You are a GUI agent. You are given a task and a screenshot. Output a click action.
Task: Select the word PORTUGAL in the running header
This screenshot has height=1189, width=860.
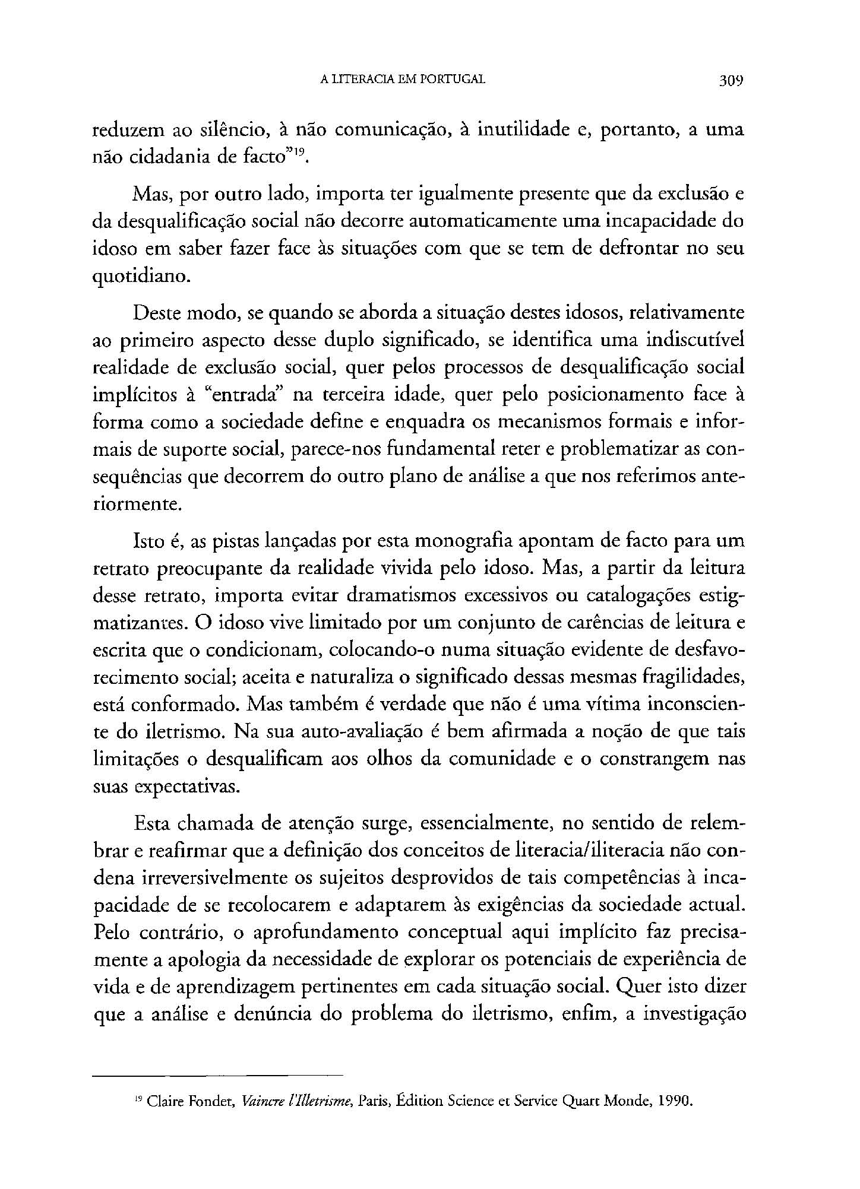point(453,79)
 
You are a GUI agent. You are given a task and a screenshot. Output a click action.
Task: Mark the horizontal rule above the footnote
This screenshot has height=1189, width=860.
point(219,1074)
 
